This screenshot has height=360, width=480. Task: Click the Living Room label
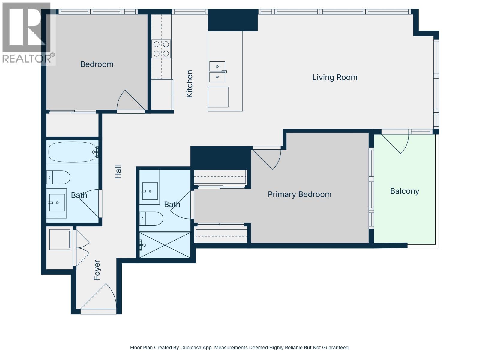[x=334, y=77]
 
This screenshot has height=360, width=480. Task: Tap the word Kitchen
[x=189, y=84]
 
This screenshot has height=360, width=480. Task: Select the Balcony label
[x=405, y=191]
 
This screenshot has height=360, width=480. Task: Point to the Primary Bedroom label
[x=299, y=194]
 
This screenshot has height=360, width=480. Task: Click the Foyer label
[x=97, y=270]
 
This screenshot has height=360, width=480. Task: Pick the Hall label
[x=118, y=172]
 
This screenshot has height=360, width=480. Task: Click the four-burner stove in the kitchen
[x=161, y=49]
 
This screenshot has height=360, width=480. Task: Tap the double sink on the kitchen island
[x=217, y=72]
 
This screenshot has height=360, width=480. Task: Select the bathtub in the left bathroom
[x=73, y=152]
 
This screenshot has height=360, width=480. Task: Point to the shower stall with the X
[x=165, y=245]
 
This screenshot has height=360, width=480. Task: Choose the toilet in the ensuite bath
[x=151, y=219]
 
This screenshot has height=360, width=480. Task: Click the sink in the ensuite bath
[x=150, y=191]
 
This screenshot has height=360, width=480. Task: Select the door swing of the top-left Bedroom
[x=131, y=100]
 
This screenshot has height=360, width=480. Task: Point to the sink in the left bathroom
[x=57, y=203]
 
